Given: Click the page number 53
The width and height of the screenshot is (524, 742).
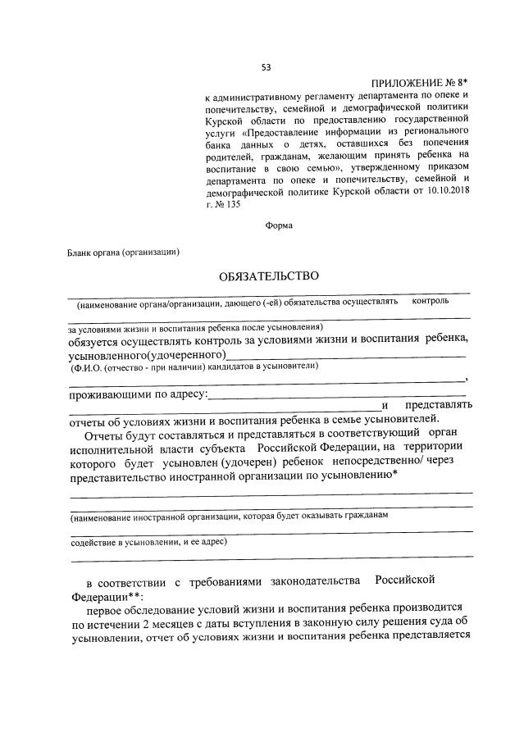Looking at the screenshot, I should pos(266,67).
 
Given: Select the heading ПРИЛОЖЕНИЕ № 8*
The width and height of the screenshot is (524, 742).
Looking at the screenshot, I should pos(420,84).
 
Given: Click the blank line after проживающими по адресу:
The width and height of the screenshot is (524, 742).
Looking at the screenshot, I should pos(336,396).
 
